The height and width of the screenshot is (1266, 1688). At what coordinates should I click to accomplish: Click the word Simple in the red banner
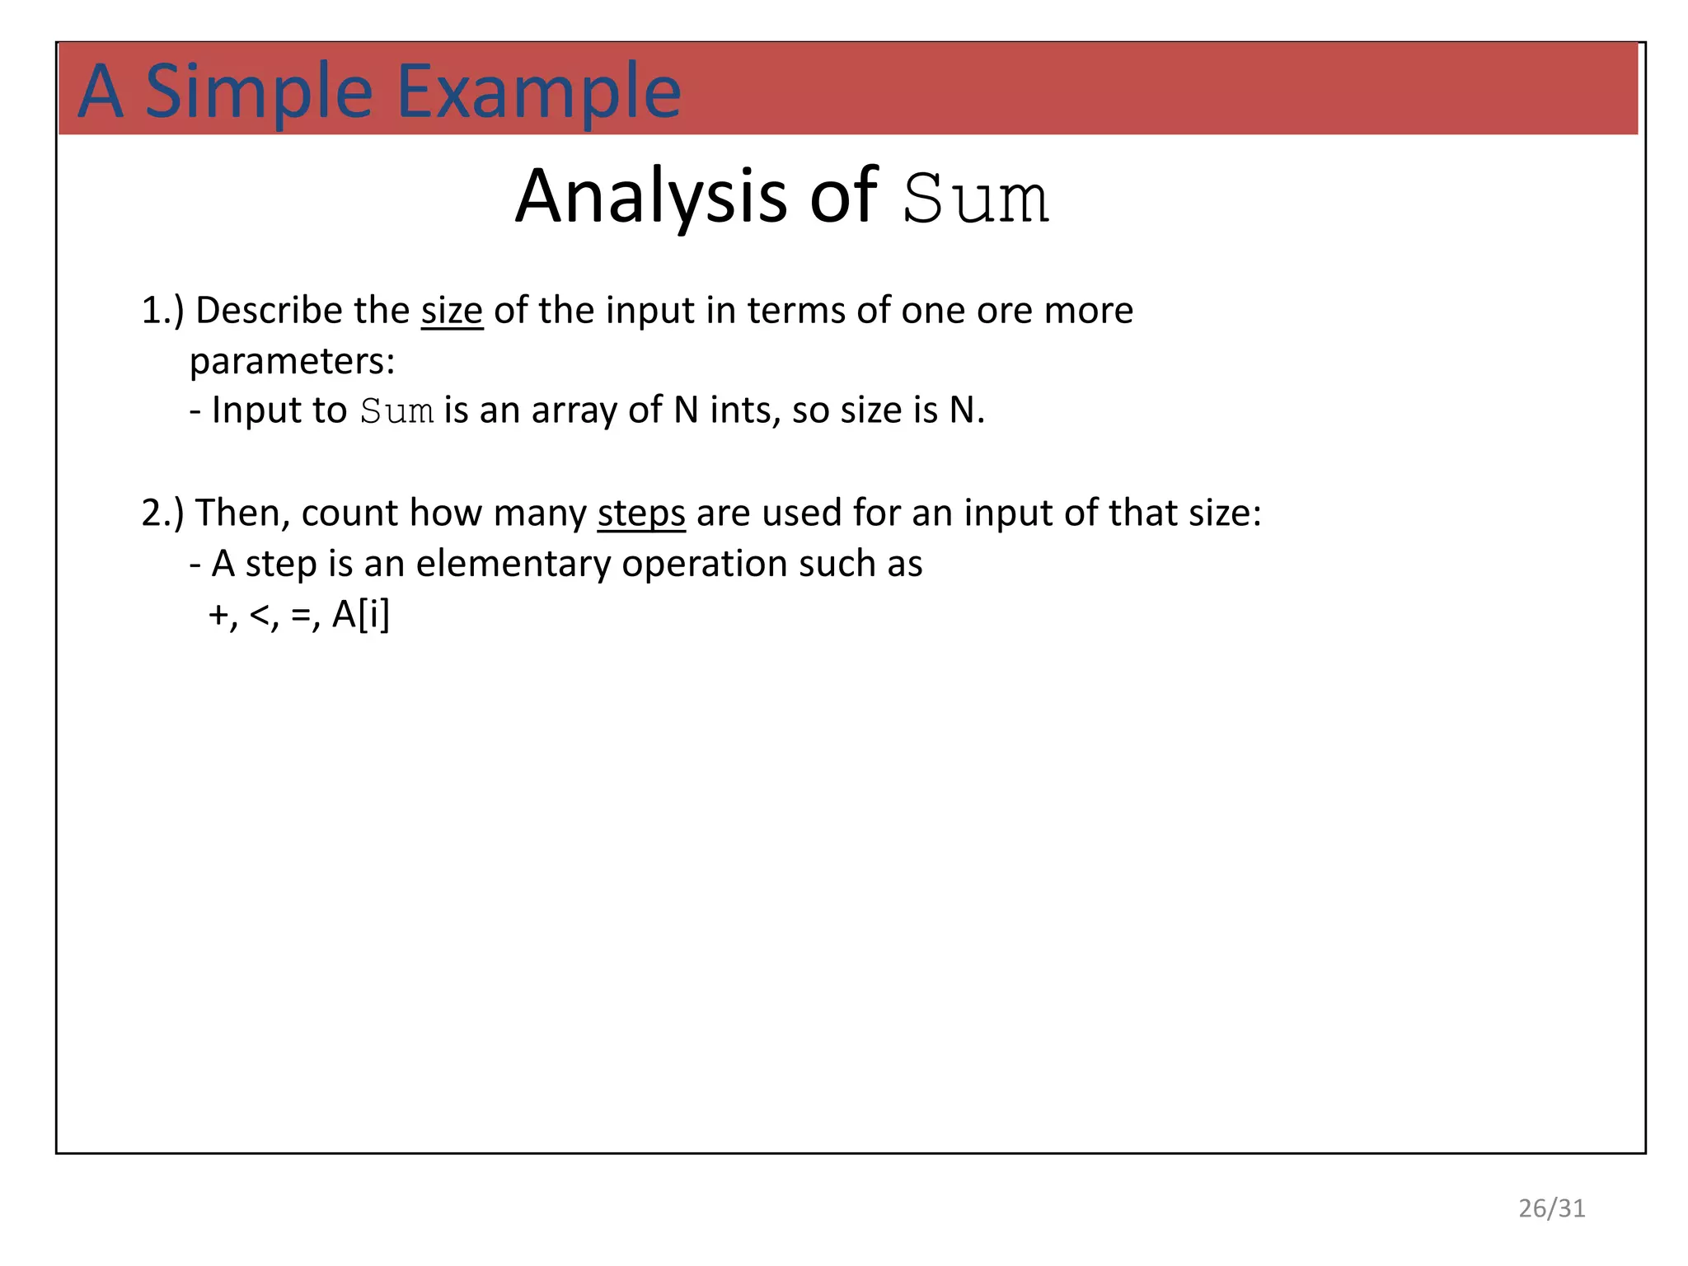[258, 92]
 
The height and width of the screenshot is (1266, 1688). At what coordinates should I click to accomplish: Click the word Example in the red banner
[539, 92]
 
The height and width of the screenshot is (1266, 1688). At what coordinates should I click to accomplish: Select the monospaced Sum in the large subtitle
[976, 199]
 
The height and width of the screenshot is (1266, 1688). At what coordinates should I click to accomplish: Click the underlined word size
[452, 311]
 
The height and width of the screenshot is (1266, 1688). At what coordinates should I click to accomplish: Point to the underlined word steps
[641, 513]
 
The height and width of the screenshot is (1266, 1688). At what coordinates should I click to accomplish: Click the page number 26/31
[1552, 1208]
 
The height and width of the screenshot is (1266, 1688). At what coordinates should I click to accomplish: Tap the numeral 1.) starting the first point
[162, 311]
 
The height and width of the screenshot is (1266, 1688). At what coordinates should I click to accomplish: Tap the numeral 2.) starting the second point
[162, 513]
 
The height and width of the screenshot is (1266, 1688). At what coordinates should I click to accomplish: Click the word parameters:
[293, 361]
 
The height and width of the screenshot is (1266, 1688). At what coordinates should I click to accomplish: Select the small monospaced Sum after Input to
[397, 411]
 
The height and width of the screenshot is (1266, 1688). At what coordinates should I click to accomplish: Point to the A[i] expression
[360, 615]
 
